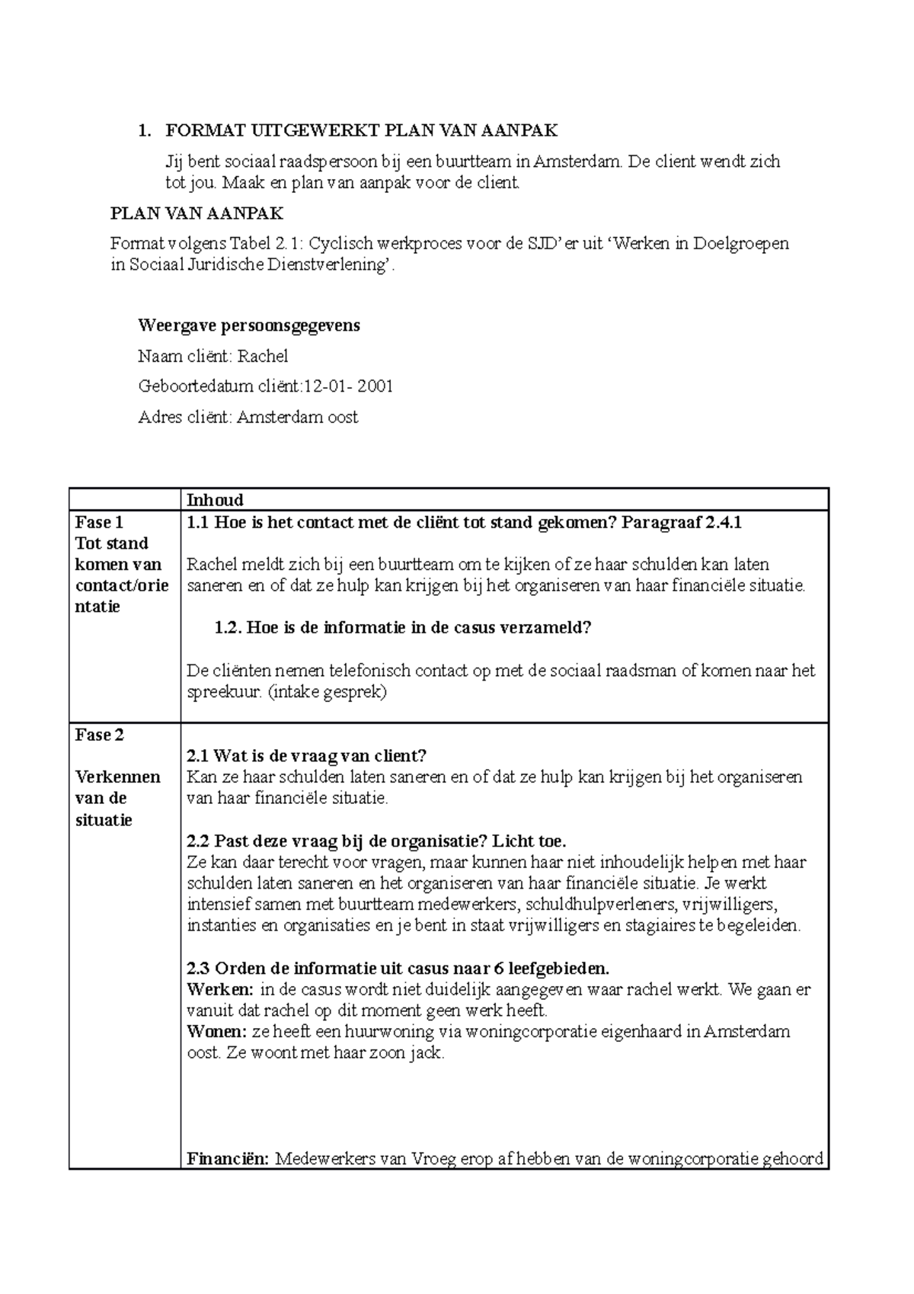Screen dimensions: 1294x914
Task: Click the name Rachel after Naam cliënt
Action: tap(262, 356)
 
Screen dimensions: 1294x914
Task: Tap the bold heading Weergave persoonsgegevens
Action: tap(248, 326)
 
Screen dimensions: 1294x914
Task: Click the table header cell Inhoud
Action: tap(215, 500)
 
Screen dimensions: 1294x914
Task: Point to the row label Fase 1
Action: tap(99, 522)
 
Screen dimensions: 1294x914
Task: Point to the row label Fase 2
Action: tap(99, 735)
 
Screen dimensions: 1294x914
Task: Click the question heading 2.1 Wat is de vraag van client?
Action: tap(306, 756)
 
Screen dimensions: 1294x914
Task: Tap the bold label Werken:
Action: tap(220, 990)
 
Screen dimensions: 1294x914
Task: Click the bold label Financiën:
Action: tap(228, 1160)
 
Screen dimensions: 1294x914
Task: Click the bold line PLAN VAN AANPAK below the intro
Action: tap(197, 213)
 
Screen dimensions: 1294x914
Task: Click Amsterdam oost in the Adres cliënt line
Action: tap(297, 417)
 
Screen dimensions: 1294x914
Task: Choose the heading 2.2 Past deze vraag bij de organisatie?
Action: tap(376, 841)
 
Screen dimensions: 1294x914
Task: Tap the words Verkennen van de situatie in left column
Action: tap(117, 798)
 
